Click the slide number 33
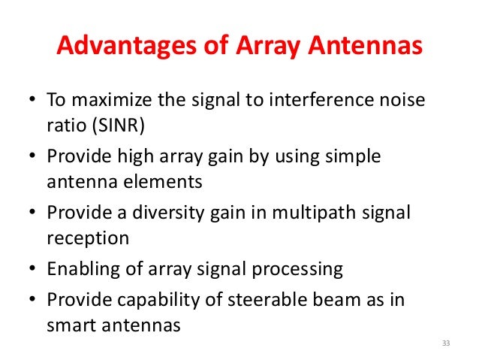pos(445,343)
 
